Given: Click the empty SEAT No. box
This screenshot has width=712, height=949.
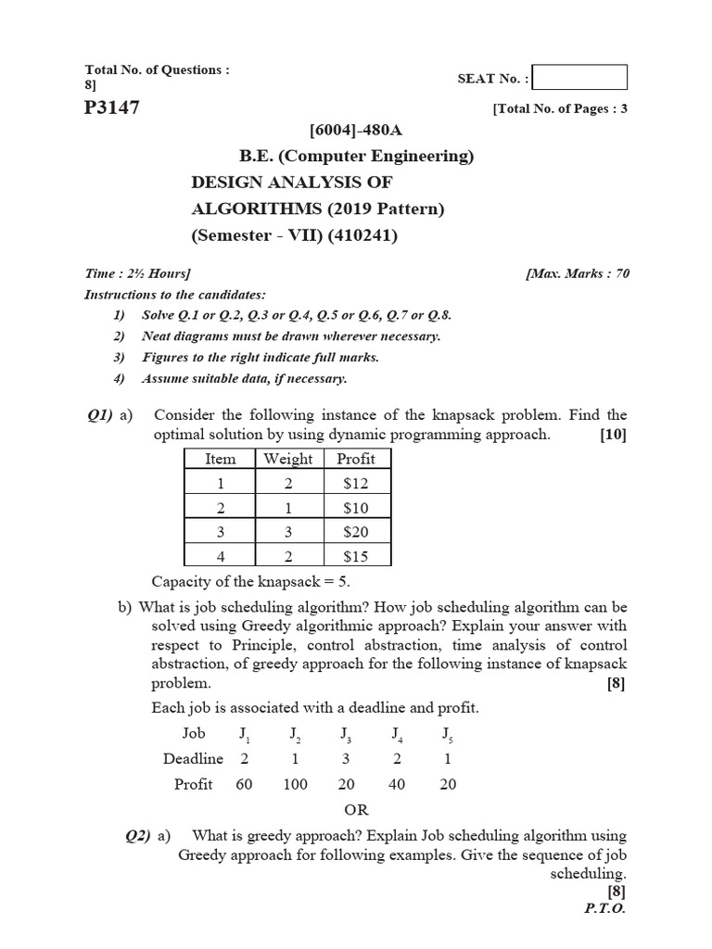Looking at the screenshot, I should [580, 78].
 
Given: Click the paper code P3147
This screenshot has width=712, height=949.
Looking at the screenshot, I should [112, 108].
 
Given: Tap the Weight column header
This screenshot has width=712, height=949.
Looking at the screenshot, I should [288, 459].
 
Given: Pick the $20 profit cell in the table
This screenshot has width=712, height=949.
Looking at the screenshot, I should [356, 532].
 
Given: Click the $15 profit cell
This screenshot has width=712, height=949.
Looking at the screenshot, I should [356, 556].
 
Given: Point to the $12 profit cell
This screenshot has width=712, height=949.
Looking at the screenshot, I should [356, 483].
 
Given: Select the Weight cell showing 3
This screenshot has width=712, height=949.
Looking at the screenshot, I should [288, 532].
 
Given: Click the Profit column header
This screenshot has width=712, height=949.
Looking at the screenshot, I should [356, 459].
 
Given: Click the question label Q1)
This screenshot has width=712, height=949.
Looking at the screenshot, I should [99, 415].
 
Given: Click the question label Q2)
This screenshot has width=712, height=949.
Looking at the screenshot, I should [138, 836].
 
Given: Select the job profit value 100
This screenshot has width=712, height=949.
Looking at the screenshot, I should [295, 784].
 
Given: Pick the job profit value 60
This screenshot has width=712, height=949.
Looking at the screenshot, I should [245, 784].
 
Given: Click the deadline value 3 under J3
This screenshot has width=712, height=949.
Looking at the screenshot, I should [345, 758].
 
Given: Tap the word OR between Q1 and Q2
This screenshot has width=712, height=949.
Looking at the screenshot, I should [356, 809].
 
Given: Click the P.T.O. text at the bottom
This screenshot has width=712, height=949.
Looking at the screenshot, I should [605, 908].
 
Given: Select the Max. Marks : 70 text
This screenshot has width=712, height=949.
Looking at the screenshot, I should [578, 274].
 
